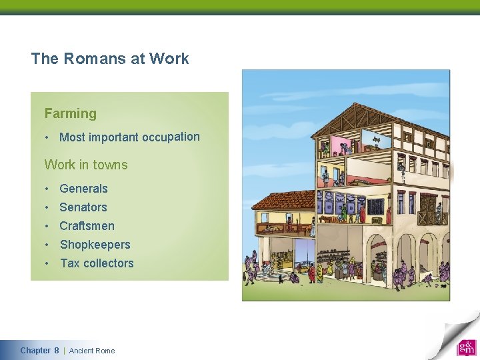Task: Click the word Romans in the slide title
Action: pyautogui.click(x=95, y=59)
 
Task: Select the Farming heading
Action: pyautogui.click(x=70, y=114)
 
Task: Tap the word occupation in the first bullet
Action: pyautogui.click(x=169, y=137)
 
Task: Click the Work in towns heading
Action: pyautogui.click(x=85, y=165)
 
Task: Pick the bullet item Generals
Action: pyautogui.click(x=83, y=189)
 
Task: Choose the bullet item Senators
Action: pyautogui.click(x=83, y=207)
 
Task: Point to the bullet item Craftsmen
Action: pyautogui.click(x=87, y=226)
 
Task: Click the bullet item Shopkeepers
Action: pyautogui.click(x=95, y=245)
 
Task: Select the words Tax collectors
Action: pyautogui.click(x=97, y=263)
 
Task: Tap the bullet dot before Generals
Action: pyautogui.click(x=48, y=189)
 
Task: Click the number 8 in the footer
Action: pyautogui.click(x=57, y=351)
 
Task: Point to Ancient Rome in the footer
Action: pyautogui.click(x=92, y=351)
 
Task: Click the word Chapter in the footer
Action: pyautogui.click(x=35, y=351)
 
